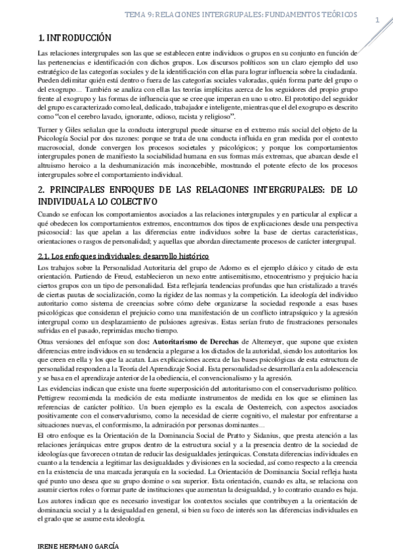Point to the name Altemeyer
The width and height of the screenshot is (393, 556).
[267, 342]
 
